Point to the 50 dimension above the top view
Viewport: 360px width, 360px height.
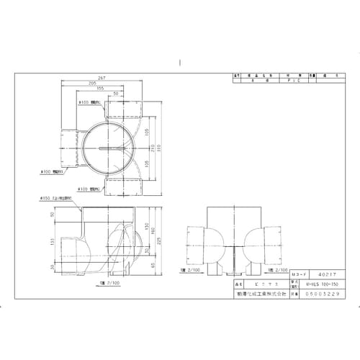[116, 95]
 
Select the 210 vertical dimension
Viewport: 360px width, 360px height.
[159, 148]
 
